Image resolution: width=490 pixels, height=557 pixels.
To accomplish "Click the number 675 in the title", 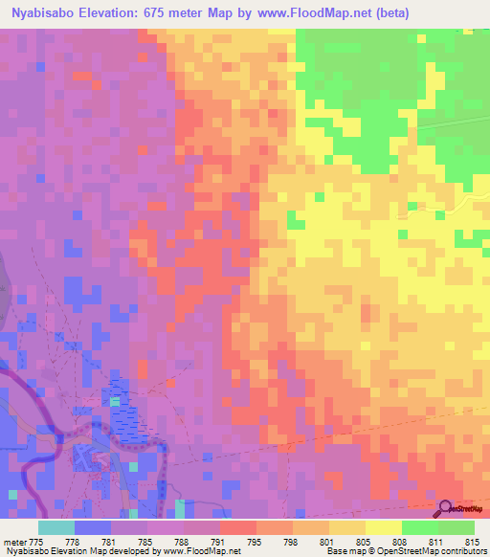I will tap(179, 13).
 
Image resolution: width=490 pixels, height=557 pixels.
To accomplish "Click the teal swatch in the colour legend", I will tap(56, 528).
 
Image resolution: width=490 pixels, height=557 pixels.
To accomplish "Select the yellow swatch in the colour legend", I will tap(384, 528).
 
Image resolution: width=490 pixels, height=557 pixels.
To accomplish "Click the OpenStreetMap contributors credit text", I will tap(430, 550).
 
